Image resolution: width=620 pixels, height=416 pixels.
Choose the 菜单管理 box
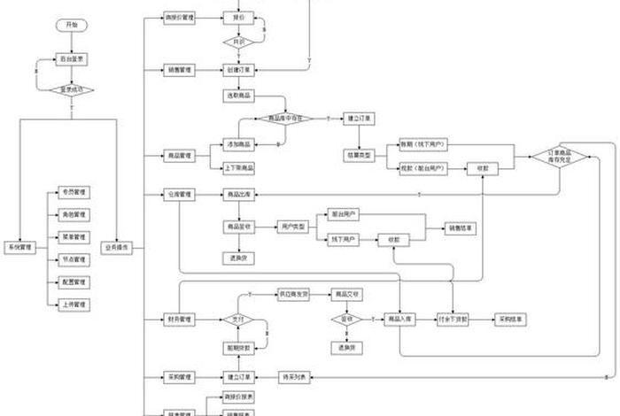[74, 237]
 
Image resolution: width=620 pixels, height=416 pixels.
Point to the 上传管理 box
[74, 304]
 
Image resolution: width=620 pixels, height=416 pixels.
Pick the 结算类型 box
[360, 155]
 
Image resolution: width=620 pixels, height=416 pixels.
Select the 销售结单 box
[460, 227]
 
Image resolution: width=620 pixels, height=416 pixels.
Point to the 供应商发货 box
[295, 293]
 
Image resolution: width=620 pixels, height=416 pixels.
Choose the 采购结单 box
[512, 319]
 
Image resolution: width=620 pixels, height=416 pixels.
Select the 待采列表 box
[295, 377]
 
